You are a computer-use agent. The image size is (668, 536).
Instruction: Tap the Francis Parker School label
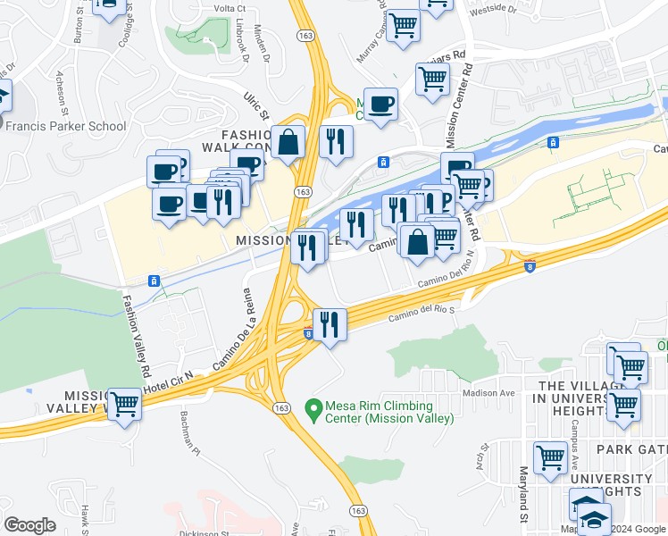pos(65,126)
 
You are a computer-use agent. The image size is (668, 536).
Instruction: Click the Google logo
pos(29,525)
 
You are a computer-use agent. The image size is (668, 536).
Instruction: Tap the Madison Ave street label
pos(488,393)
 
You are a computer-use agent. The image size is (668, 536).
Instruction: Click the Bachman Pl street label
pos(191,428)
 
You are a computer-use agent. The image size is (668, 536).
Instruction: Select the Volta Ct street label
pos(230,8)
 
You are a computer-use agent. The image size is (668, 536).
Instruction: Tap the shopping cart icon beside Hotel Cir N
pos(124,403)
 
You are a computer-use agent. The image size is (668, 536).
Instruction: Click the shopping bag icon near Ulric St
pos(288,142)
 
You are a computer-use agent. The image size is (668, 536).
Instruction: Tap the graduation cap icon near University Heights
pos(594,519)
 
